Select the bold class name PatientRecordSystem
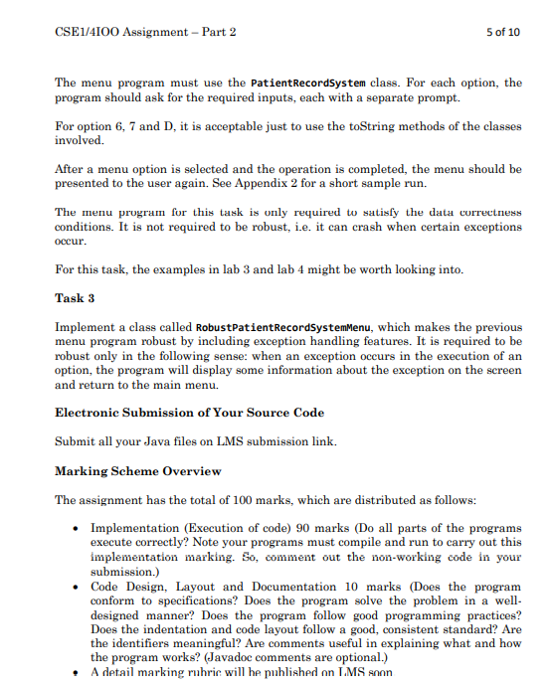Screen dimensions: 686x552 (x=309, y=83)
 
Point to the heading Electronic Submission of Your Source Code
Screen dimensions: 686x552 (x=189, y=413)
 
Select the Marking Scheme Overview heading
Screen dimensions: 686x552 (x=138, y=470)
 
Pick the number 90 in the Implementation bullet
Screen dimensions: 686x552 (x=306, y=528)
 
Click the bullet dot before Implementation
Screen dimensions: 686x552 (x=75, y=528)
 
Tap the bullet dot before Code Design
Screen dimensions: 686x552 (x=75, y=587)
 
